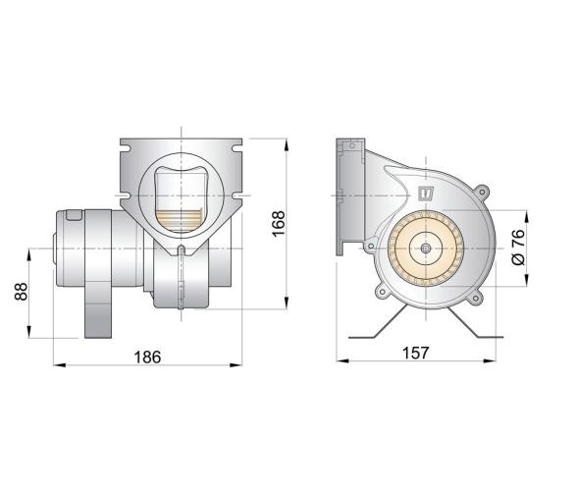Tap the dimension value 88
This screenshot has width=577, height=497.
click(x=20, y=293)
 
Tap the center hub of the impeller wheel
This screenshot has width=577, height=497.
click(x=425, y=249)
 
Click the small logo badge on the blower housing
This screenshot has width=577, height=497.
click(x=426, y=193)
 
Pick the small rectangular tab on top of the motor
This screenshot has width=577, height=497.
click(x=74, y=215)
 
